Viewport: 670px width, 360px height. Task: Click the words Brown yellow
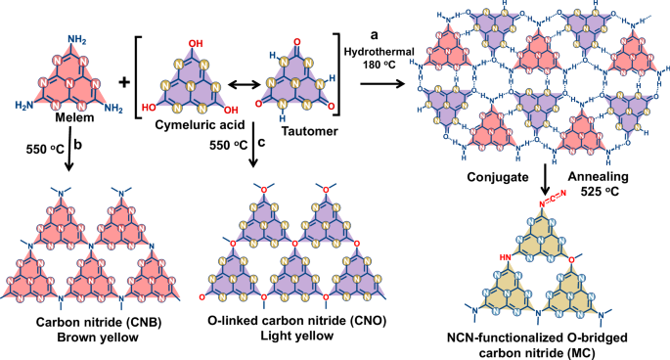pyautogui.click(x=85, y=338)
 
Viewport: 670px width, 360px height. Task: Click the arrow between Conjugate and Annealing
pyautogui.click(x=544, y=180)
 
